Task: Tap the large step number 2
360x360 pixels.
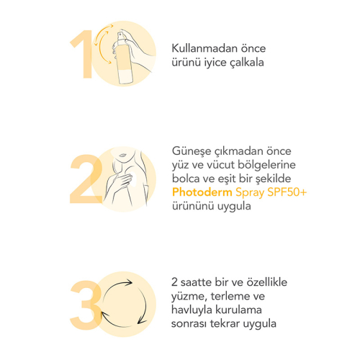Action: [86, 179]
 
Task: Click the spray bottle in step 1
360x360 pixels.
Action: [124, 59]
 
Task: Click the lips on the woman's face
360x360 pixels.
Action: [122, 155]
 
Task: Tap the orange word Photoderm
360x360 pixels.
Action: [202, 192]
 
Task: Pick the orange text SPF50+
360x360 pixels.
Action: [287, 192]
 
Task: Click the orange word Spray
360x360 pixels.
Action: [250, 193]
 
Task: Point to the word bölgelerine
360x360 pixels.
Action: [266, 166]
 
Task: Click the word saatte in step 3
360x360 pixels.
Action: [196, 282]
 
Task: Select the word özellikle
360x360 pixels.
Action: [266, 282]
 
